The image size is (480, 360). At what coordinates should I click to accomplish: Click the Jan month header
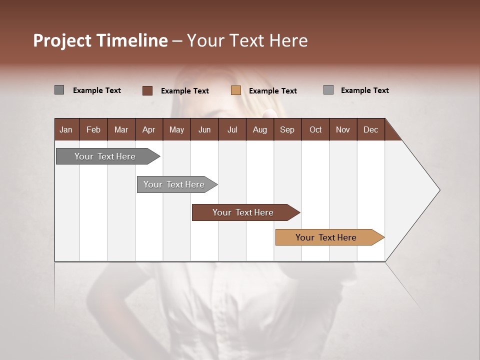[x=66, y=129]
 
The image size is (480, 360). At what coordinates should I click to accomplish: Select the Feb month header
[x=93, y=129]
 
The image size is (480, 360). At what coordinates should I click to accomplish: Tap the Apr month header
[x=148, y=129]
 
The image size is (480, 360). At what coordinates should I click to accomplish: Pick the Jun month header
[x=204, y=129]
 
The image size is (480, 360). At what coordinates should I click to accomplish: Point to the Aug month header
[x=259, y=129]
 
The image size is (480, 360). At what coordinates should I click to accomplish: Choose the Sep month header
[x=287, y=129]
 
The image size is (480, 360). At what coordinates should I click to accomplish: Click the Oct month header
[x=315, y=129]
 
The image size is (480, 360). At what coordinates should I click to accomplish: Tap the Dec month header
[x=370, y=129]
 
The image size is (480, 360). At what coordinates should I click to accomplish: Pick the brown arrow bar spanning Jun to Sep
[x=243, y=212]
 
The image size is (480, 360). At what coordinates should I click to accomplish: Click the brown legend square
[x=147, y=90]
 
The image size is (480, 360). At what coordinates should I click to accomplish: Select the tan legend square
[x=236, y=90]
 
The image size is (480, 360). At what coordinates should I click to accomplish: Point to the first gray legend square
[x=59, y=90]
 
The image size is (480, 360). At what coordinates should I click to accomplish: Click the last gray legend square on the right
[x=328, y=90]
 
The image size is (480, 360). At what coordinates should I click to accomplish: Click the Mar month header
[x=121, y=129]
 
